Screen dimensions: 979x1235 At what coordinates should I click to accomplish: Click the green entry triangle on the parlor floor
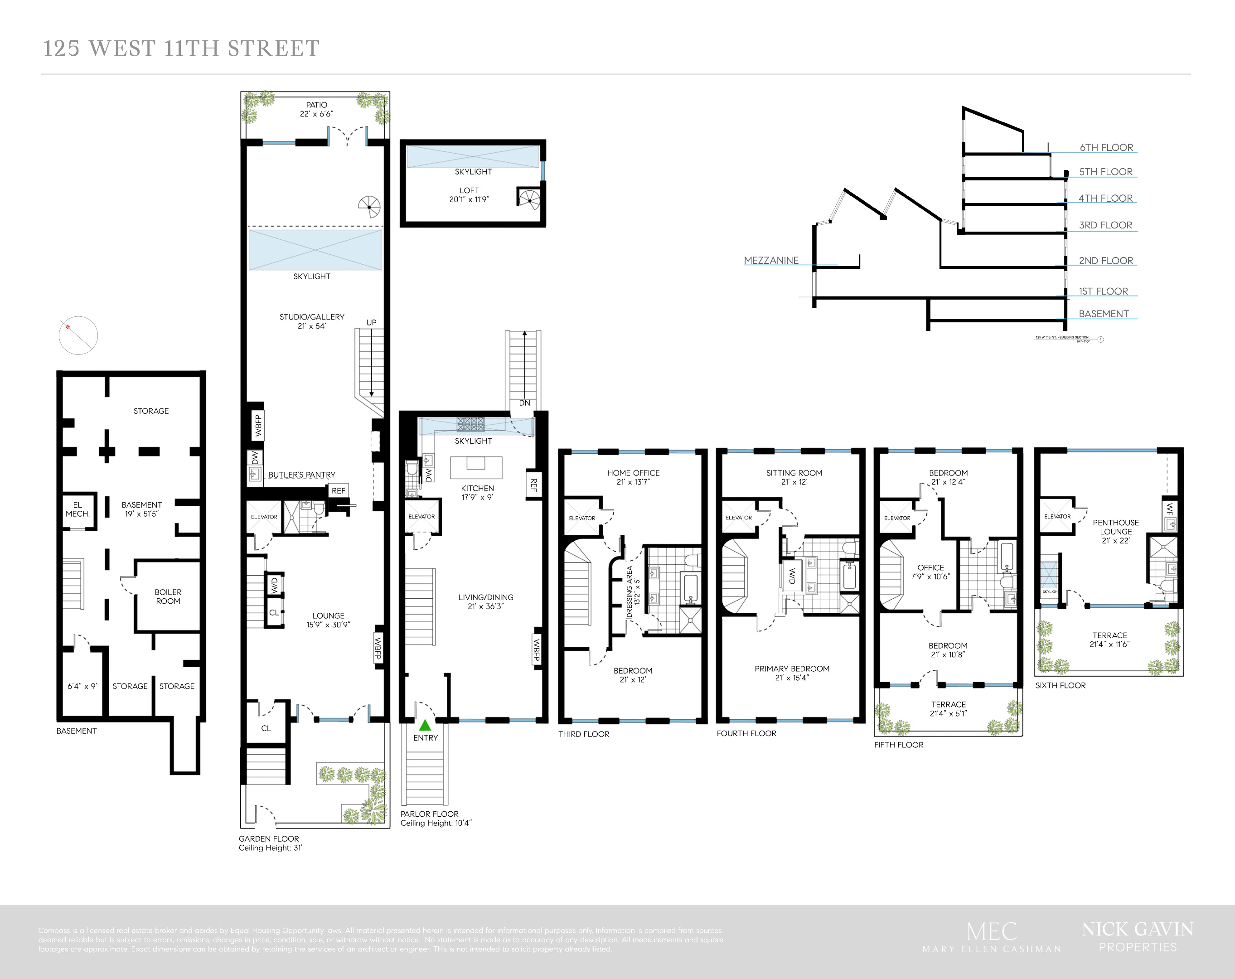[425, 725]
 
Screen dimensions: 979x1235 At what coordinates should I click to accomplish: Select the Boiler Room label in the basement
[168, 596]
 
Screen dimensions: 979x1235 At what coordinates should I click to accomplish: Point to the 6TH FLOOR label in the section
[1106, 147]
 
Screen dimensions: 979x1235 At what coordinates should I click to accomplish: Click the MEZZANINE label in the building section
[771, 260]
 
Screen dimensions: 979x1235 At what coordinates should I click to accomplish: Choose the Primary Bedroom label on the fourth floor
[792, 673]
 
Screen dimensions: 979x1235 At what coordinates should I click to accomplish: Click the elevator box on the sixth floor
[1057, 516]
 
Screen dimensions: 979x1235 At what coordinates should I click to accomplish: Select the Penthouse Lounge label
[1115, 531]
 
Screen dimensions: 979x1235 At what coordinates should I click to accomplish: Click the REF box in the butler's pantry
[339, 490]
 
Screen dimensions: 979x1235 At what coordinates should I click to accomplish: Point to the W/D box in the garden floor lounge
[274, 585]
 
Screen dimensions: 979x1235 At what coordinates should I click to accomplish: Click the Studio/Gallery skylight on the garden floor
[315, 249]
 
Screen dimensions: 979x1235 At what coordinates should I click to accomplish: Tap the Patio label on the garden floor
[316, 109]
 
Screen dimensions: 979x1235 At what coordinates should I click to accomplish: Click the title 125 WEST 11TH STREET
[181, 48]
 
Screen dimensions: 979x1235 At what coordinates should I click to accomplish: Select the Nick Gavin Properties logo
[1137, 936]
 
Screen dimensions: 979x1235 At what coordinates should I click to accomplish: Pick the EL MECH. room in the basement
[77, 510]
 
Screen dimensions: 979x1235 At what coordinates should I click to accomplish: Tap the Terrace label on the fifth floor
[948, 708]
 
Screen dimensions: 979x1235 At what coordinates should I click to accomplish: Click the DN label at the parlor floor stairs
[524, 403]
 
